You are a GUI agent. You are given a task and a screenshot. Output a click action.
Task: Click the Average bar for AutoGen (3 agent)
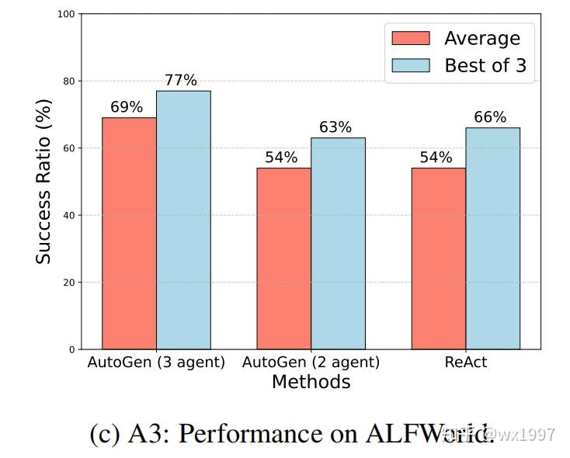(129, 233)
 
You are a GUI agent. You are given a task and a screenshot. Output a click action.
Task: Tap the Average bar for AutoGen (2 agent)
(283, 258)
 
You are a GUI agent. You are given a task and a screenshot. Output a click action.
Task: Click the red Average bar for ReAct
(438, 258)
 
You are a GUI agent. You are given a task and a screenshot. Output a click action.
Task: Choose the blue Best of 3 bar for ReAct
(492, 238)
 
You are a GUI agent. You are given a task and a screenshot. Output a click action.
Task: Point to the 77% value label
(180, 81)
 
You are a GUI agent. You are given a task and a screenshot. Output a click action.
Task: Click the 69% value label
(127, 107)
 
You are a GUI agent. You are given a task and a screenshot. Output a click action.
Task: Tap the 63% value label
(335, 127)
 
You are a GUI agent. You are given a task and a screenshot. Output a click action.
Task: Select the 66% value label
(490, 117)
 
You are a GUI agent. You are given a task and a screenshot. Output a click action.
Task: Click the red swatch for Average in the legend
(410, 38)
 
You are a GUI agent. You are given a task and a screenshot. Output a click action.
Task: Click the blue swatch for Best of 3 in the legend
(410, 65)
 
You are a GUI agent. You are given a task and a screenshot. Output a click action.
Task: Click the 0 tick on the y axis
(71, 349)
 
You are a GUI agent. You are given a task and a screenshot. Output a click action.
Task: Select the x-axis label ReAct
(465, 363)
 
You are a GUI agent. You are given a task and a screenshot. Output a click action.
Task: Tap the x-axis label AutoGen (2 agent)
(311, 363)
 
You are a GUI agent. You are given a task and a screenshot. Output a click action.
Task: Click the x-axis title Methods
(311, 382)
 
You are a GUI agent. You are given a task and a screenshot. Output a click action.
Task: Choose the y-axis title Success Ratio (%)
(43, 182)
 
